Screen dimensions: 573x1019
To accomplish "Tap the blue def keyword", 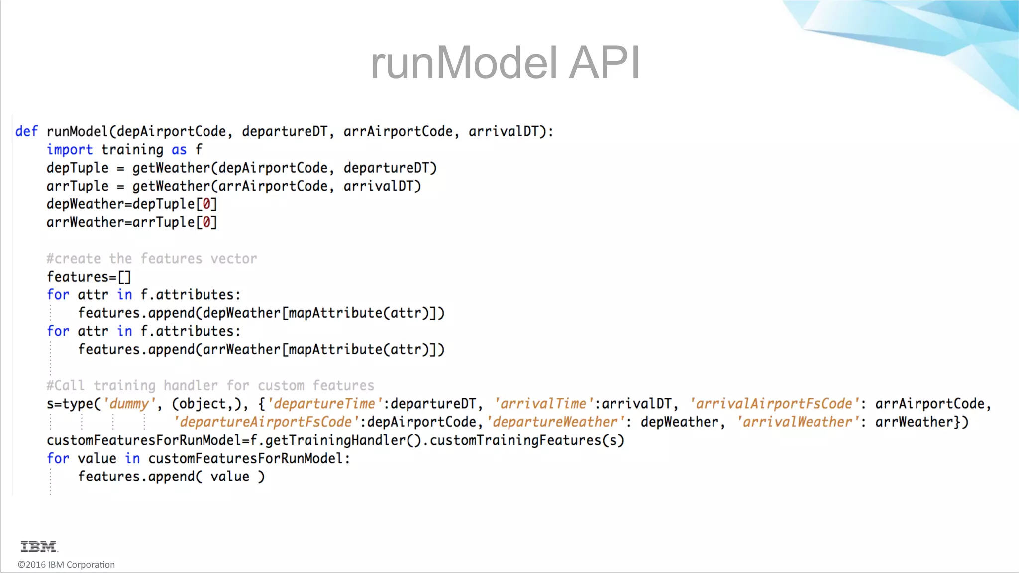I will pos(26,131).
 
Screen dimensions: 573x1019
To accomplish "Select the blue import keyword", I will pos(70,150).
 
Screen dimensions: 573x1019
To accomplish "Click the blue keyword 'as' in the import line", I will pos(179,150).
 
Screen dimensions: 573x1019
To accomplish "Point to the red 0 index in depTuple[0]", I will pos(206,204).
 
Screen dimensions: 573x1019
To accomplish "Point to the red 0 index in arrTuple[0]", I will pos(206,222).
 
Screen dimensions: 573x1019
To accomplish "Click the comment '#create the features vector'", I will pos(152,259).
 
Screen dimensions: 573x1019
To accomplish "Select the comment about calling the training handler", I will pos(210,386).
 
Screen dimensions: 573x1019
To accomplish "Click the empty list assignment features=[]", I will pos(89,277).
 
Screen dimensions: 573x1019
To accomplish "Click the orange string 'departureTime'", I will pos(325,404).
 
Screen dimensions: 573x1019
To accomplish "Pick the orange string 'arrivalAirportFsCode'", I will pos(774,404).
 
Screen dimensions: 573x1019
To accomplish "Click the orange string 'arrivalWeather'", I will pos(798,422).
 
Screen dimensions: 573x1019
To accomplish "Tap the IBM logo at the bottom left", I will pos(39,547).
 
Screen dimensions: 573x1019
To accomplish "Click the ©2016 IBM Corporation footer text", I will pos(66,565).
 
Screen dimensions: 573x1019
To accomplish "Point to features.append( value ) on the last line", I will pos(171,477).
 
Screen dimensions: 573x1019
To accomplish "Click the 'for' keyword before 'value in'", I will pos(58,459).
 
